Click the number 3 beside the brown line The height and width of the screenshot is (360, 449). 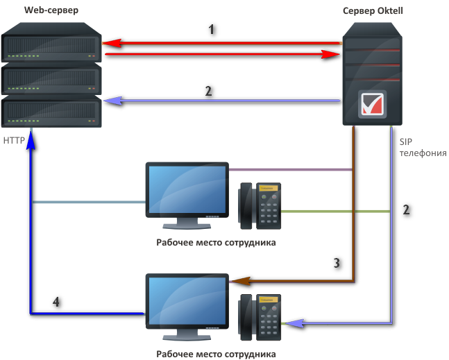click(x=337, y=263)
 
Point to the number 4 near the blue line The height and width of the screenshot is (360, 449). click(x=57, y=302)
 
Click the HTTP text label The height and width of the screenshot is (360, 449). click(x=14, y=140)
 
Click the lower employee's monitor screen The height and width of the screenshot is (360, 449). click(x=187, y=300)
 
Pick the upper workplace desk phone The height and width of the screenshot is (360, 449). click(x=261, y=205)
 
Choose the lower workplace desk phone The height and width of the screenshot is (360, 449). click(x=261, y=317)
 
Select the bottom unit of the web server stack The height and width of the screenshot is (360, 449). click(x=51, y=111)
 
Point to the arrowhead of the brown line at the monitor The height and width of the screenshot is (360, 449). click(x=237, y=282)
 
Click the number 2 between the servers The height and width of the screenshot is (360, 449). click(x=207, y=91)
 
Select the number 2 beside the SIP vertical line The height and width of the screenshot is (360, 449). click(x=407, y=209)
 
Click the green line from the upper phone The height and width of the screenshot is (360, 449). click(x=333, y=210)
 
